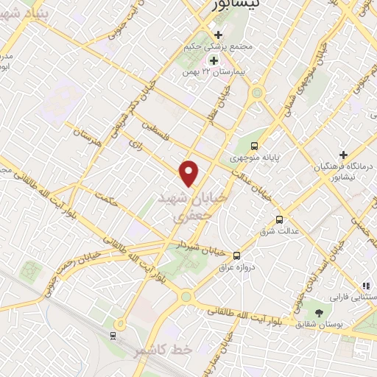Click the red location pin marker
pyautogui.click(x=190, y=173)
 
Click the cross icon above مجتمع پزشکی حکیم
pyautogui.click(x=216, y=34)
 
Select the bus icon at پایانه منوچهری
pyautogui.click(x=255, y=146)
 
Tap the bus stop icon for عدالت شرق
pyautogui.click(x=278, y=219)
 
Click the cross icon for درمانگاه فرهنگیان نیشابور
pyautogui.click(x=343, y=154)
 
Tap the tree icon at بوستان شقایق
pyautogui.click(x=319, y=314)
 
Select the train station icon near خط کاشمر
pyautogui.click(x=113, y=337)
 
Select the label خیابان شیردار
pyautogui.click(x=199, y=244)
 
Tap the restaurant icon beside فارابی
pyautogui.click(x=364, y=284)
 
